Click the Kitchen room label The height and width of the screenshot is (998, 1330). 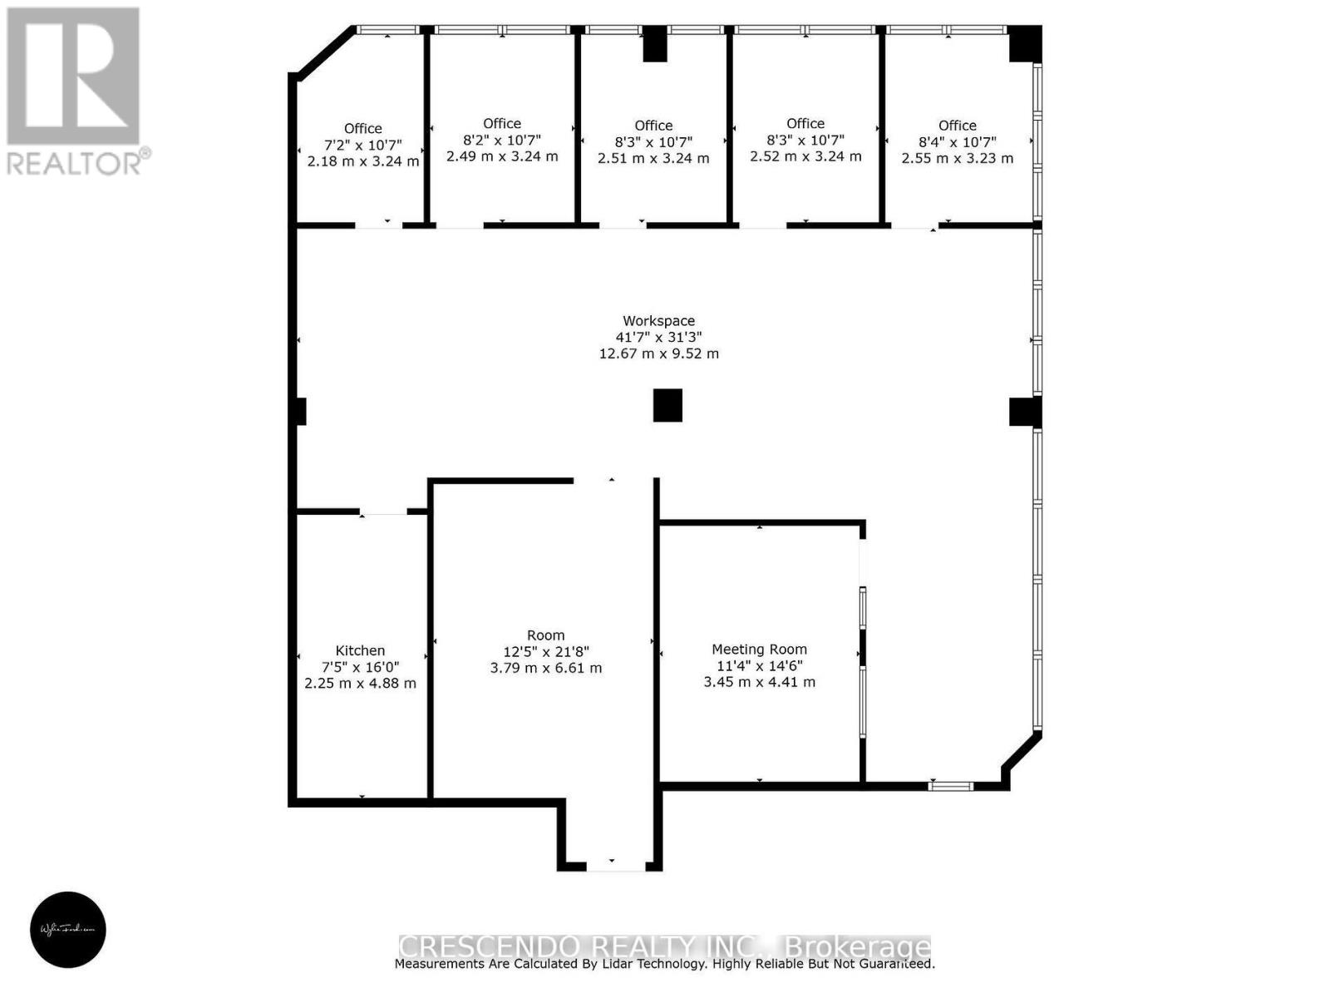pyautogui.click(x=360, y=650)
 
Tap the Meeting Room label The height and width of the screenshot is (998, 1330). pyautogui.click(x=759, y=650)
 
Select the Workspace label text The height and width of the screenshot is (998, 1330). pyautogui.click(x=658, y=321)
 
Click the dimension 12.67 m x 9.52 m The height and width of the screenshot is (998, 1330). pyautogui.click(x=658, y=353)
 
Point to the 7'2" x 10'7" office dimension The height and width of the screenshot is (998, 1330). pyautogui.click(x=362, y=145)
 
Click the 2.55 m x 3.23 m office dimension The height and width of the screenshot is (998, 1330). pyautogui.click(x=957, y=158)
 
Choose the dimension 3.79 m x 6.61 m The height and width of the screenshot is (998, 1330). pyautogui.click(x=545, y=668)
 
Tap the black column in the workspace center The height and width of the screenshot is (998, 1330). pyautogui.click(x=667, y=405)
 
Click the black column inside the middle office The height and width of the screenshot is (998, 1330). pyautogui.click(x=655, y=44)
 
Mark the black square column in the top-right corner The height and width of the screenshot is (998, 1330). pyautogui.click(x=1025, y=43)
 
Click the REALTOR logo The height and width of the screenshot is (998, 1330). pyautogui.click(x=75, y=91)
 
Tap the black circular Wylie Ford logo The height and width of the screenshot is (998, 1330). pyautogui.click(x=68, y=929)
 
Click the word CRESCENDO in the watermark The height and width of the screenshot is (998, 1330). pyautogui.click(x=489, y=946)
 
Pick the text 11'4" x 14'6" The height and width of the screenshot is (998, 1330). pyautogui.click(x=759, y=665)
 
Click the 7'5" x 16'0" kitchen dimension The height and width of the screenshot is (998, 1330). pyautogui.click(x=360, y=667)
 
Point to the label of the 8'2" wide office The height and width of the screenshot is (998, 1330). pyautogui.click(x=501, y=124)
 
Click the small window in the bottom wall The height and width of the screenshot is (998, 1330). pyautogui.click(x=950, y=785)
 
